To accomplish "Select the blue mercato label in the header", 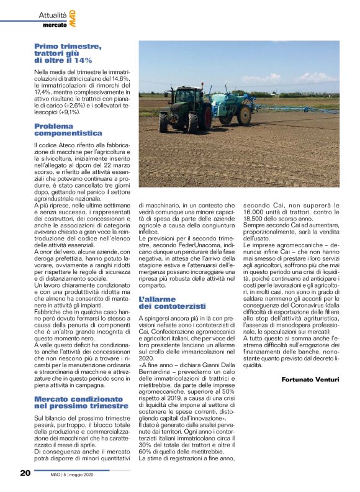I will (x=55, y=25).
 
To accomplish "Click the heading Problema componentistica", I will (x=68, y=130).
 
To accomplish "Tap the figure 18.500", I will (x=256, y=219).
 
